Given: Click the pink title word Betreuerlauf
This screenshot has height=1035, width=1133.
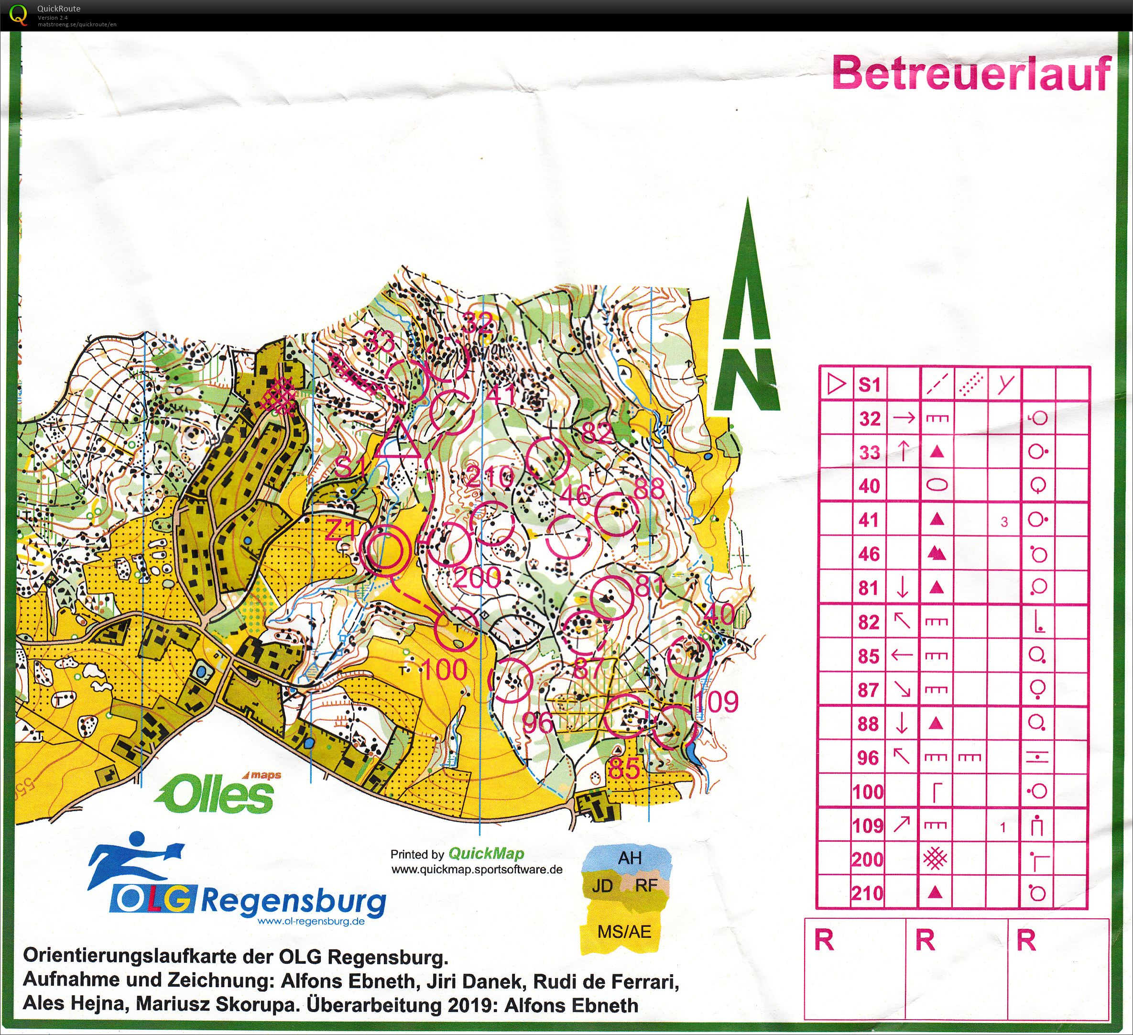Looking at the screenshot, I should click(x=971, y=74).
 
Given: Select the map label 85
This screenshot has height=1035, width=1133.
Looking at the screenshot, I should click(x=624, y=769).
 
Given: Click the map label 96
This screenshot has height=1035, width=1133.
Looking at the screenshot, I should click(x=537, y=724).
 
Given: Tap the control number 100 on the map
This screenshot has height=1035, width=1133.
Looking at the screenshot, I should click(x=444, y=670).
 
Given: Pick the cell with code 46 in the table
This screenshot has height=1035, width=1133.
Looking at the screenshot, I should click(x=869, y=554).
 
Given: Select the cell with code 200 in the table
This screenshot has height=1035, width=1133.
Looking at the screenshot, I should click(x=868, y=859).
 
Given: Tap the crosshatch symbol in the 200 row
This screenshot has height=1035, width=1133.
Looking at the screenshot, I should click(x=935, y=859).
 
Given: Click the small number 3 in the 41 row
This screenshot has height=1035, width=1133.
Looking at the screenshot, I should click(x=1004, y=522).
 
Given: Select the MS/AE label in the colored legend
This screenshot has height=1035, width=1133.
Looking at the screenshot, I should click(x=624, y=932).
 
